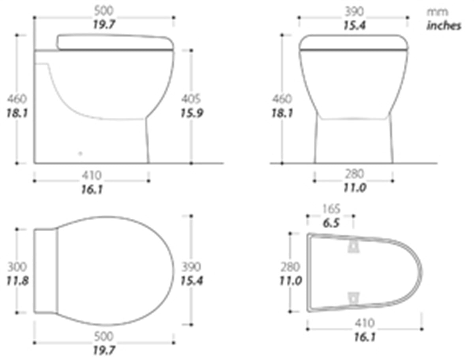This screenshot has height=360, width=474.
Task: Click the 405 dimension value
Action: pos(191,99)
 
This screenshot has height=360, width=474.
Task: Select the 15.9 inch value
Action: pos(192,113)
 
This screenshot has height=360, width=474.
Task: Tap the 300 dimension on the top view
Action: pos(17,267)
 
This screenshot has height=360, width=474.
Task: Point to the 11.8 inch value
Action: pos(17,281)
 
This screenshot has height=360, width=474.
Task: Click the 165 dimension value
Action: pos(331,209)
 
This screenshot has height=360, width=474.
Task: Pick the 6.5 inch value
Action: pos(331,223)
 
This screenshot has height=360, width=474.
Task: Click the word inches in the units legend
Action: pos(444,26)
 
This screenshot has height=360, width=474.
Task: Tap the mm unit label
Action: pos(437,12)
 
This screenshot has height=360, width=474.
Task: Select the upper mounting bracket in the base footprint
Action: pos(354,247)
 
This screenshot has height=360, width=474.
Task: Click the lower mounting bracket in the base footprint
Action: pos(354,298)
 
